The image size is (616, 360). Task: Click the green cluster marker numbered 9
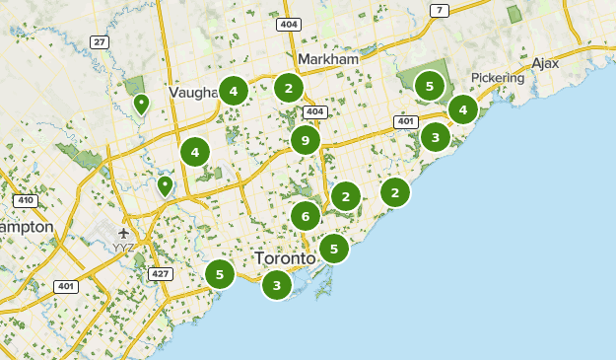tap(306, 140)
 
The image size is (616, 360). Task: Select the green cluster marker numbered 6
tap(306, 216)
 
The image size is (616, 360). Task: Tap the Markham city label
tap(328, 60)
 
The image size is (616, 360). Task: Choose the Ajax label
tap(545, 63)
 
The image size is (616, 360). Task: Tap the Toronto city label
tap(285, 257)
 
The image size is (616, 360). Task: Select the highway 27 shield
tap(100, 41)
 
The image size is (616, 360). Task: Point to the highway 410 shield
tap(25, 201)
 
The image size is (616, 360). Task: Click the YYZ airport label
tap(124, 247)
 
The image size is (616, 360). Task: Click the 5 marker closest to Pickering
tap(429, 87)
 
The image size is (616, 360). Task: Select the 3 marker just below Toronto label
tap(277, 286)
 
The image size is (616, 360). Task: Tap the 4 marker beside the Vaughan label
tap(234, 92)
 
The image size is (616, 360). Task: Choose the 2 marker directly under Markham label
tap(288, 88)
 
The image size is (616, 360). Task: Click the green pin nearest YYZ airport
tap(165, 185)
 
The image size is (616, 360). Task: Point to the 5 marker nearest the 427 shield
tap(220, 273)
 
